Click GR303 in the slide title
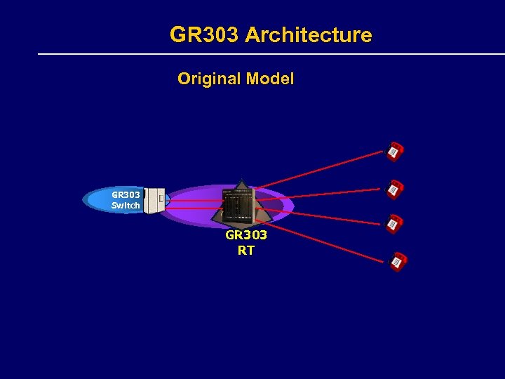pos(205,35)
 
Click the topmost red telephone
pos(395,151)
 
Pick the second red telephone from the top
pos(395,189)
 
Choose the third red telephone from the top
pos(395,223)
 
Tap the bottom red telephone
pos(398,261)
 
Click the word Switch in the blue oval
pos(126,206)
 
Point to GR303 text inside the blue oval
pos(126,195)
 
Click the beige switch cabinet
pos(154,201)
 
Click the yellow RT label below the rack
pos(245,251)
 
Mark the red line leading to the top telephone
pos(323,169)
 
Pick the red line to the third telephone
pos(323,214)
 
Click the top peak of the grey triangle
pos(242,181)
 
